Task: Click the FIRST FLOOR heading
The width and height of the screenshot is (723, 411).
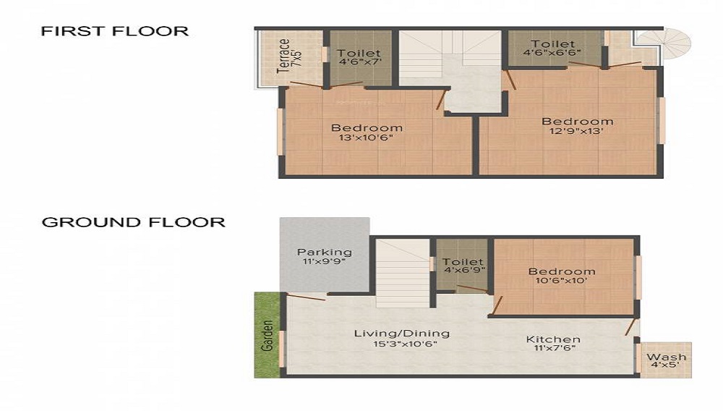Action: (x=115, y=31)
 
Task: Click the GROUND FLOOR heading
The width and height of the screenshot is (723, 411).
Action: (x=133, y=222)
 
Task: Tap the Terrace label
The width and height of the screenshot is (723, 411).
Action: (x=283, y=56)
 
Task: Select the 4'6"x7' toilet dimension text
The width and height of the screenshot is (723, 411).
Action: (x=359, y=62)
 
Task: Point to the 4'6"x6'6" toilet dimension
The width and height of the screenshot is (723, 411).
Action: (x=552, y=53)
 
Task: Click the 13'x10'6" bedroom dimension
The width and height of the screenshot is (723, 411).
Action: (x=366, y=138)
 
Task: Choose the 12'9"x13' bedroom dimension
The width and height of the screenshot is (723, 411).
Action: (x=576, y=131)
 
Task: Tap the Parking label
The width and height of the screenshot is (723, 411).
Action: (x=325, y=253)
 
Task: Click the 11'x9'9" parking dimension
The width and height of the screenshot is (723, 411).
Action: (x=324, y=261)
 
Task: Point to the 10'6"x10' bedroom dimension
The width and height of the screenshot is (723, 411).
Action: (x=561, y=281)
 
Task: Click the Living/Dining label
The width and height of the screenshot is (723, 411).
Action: (x=401, y=334)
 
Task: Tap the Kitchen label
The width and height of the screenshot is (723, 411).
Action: (x=553, y=339)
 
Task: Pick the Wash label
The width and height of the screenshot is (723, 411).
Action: (x=666, y=357)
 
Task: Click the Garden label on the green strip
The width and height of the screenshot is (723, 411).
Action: (x=267, y=335)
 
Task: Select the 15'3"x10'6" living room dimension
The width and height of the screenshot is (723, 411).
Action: (x=405, y=344)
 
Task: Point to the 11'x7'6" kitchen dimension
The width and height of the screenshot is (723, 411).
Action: (x=555, y=348)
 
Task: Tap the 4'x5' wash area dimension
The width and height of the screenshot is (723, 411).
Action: (x=667, y=365)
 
